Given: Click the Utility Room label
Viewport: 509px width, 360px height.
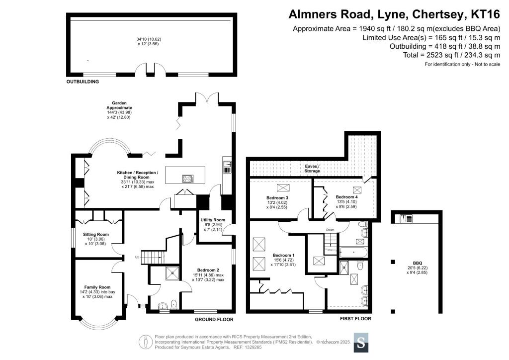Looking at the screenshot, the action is pyautogui.click(x=213, y=220).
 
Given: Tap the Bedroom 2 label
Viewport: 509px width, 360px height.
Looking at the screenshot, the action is pyautogui.click(x=208, y=270).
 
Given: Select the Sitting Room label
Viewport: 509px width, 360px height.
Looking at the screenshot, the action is pyautogui.click(x=96, y=234).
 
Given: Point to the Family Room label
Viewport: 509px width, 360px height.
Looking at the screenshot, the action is pyautogui.click(x=97, y=287).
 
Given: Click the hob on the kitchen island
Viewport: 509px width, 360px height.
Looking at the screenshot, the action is pyautogui.click(x=187, y=179).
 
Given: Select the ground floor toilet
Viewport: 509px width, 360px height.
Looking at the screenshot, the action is pyautogui.click(x=173, y=304).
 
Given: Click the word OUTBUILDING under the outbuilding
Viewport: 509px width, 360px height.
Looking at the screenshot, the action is pyautogui.click(x=83, y=82).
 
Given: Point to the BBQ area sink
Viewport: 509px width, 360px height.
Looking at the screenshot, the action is pyautogui.click(x=406, y=219).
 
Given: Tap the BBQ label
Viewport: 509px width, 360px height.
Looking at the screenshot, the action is pyautogui.click(x=418, y=263).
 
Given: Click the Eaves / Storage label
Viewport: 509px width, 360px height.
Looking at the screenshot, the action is pyautogui.click(x=312, y=169).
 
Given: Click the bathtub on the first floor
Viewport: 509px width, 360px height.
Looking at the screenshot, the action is pyautogui.click(x=353, y=252).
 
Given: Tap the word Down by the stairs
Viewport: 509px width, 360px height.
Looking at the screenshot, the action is pyautogui.click(x=330, y=230).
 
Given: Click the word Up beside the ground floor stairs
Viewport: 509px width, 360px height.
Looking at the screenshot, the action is pyautogui.click(x=137, y=257).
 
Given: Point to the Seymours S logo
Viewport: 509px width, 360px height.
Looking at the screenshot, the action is pyautogui.click(x=361, y=343).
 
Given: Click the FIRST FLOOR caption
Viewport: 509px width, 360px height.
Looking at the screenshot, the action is pyautogui.click(x=355, y=319).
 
